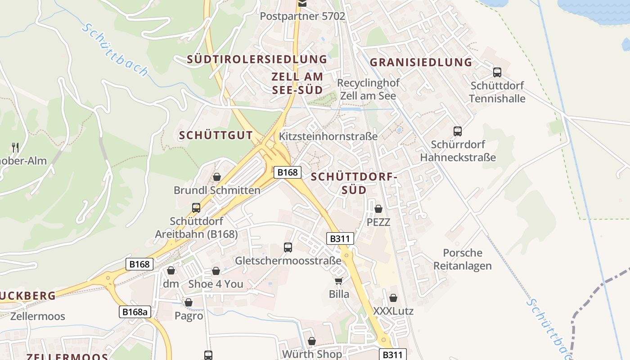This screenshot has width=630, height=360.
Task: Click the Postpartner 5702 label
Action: click(302, 16)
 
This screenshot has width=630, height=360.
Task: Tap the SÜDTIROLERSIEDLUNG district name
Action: click(257, 59)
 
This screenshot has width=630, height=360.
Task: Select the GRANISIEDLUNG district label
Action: click(421, 62)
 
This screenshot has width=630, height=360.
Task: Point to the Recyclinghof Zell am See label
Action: click(368, 90)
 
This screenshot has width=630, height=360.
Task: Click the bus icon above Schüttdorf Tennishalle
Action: click(497, 72)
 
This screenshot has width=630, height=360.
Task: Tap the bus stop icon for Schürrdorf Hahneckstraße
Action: click(458, 131)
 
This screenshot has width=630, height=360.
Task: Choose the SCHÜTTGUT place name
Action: click(216, 135)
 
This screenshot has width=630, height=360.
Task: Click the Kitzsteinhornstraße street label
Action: click(328, 136)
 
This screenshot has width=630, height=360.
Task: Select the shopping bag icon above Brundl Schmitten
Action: click(217, 177)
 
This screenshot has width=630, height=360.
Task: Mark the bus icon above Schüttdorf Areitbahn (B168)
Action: click(196, 208)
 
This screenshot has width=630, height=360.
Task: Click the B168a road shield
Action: click(135, 312)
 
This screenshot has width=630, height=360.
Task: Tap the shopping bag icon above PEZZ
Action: click(378, 209)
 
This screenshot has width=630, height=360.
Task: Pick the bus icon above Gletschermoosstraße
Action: click(288, 247)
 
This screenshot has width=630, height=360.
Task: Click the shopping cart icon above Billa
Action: click(339, 281)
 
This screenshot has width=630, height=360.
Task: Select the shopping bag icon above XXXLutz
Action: click(393, 298)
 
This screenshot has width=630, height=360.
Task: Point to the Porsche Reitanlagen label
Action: click(463, 259)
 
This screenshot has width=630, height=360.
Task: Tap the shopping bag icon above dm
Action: click(171, 270)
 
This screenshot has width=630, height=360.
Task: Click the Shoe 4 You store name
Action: click(216, 284)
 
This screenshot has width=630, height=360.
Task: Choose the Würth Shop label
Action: click(312, 354)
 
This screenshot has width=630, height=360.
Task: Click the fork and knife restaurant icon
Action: click(15, 147)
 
